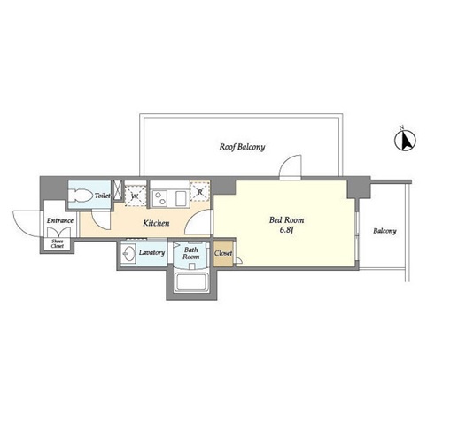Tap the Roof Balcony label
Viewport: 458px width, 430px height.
pyautogui.click(x=242, y=147)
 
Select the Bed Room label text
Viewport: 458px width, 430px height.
pyautogui.click(x=286, y=219)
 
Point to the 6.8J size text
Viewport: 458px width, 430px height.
pyautogui.click(x=286, y=230)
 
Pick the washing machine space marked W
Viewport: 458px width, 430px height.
pyautogui.click(x=135, y=196)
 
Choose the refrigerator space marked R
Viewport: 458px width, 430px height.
pyautogui.click(x=200, y=191)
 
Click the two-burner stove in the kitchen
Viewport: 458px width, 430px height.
pyautogui.click(x=159, y=198)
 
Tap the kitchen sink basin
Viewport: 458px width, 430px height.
pyautogui.click(x=182, y=198)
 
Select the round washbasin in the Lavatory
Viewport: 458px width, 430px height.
pyautogui.click(x=128, y=253)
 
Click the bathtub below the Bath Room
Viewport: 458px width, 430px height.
pyautogui.click(x=191, y=281)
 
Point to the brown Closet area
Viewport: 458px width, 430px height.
pyautogui.click(x=223, y=254)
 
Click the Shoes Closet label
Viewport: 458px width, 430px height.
pyautogui.click(x=57, y=243)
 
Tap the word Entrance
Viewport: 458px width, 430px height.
pyautogui.click(x=60, y=220)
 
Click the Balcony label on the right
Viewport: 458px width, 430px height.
pyautogui.click(x=384, y=231)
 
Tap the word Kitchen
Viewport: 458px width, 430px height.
pyautogui.click(x=156, y=223)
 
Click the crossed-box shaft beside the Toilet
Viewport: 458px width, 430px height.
pyautogui.click(x=118, y=190)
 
